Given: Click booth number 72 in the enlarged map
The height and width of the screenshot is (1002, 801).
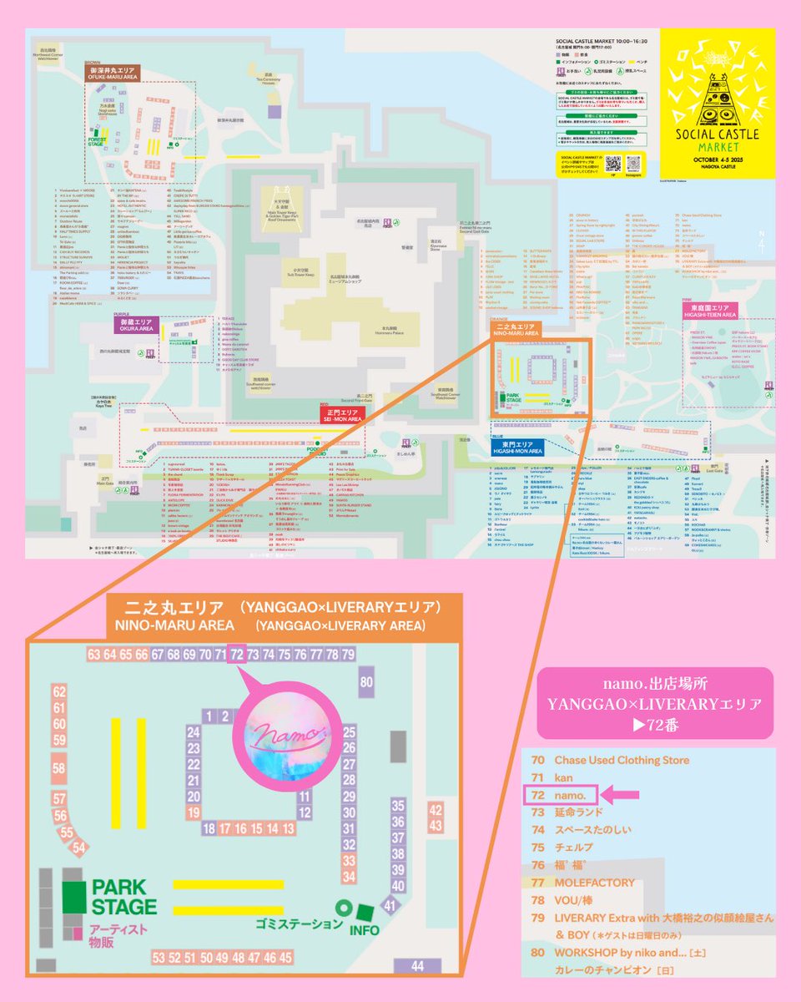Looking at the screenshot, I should point(237,653).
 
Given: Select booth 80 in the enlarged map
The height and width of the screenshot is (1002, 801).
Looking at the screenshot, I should point(365,682).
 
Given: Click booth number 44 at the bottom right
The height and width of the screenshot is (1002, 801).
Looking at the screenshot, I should point(417,965).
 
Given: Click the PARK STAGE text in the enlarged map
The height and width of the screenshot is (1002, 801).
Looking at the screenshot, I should point(124,897).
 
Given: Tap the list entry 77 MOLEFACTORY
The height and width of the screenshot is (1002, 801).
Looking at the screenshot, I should point(594,882).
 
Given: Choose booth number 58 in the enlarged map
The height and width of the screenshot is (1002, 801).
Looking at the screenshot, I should point(58,767).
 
